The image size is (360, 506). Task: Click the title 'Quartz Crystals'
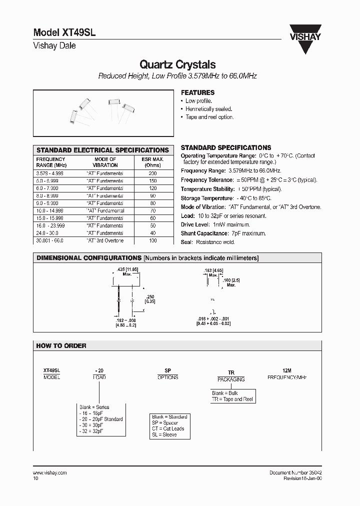point(177,64)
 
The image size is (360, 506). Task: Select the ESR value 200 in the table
point(152,173)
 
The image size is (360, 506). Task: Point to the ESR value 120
point(152,188)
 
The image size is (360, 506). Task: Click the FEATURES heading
point(197,92)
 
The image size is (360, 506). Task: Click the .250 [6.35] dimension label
point(149,299)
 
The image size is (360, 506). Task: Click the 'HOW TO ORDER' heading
point(61,345)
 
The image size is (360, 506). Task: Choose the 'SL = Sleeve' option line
point(164,435)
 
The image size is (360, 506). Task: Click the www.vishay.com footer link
point(50,472)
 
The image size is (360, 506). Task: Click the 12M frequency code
point(286,370)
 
